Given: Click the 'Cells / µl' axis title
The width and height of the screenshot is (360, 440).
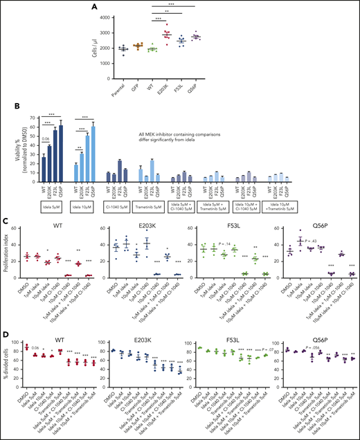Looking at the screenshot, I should (x=104, y=42).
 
